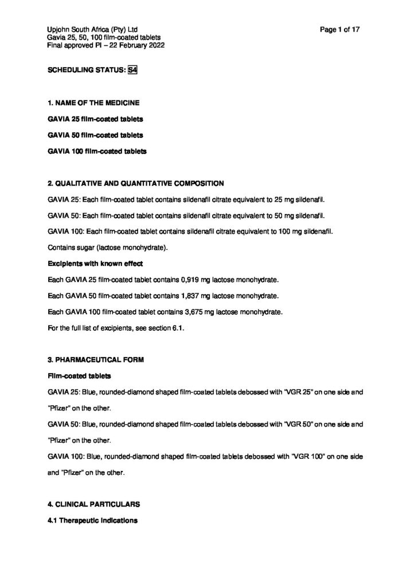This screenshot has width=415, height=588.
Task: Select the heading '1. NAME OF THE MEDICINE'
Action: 93,103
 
